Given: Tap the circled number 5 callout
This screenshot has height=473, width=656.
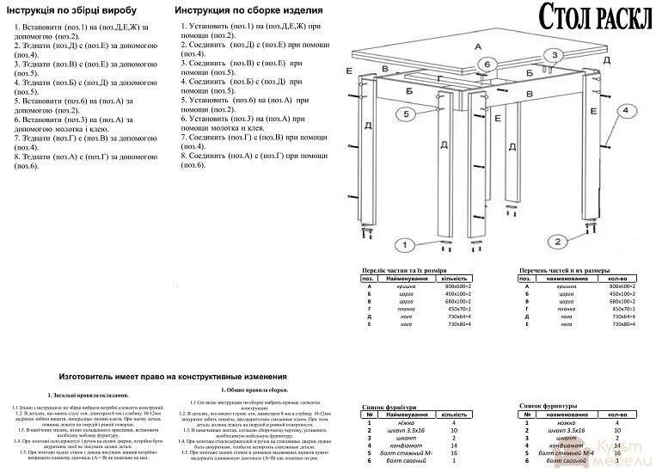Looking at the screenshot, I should tap(405, 114).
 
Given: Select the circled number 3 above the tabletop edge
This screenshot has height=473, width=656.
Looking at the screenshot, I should tap(555, 55).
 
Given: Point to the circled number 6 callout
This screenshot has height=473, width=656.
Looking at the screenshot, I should tap(487, 65).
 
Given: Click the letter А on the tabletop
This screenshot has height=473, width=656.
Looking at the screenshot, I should tap(478, 45).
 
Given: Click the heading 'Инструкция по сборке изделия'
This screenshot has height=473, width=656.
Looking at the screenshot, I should tap(248, 10).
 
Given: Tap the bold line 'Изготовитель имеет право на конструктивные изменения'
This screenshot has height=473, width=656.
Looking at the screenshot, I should tap(173, 377).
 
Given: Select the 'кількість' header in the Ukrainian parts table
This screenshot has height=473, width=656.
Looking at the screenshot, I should tap(453, 279).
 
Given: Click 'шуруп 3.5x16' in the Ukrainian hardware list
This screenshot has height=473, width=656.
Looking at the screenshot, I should tap(410, 429).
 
